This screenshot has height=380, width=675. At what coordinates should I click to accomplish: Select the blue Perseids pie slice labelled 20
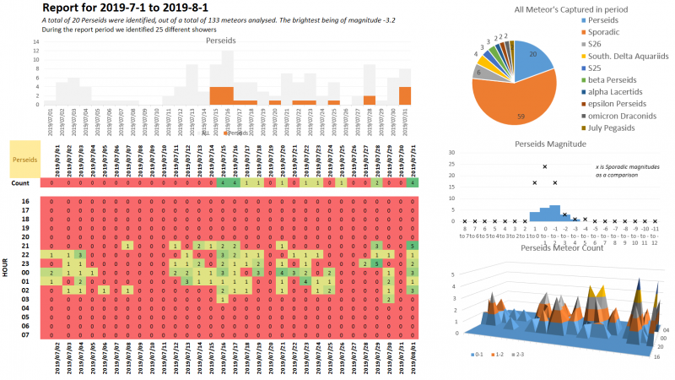[533, 57]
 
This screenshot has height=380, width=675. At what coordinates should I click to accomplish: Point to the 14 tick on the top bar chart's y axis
[36, 40]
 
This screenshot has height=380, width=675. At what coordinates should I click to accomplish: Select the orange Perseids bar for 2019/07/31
[405, 95]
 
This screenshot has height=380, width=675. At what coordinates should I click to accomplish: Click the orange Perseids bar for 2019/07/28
[370, 100]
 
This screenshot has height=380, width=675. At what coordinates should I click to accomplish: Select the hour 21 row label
[25, 245]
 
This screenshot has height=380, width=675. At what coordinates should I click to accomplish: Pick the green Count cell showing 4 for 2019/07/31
[411, 182]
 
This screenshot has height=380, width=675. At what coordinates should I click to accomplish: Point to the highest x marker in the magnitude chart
[545, 166]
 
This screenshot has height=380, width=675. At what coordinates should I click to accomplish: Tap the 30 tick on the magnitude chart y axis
[453, 153]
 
